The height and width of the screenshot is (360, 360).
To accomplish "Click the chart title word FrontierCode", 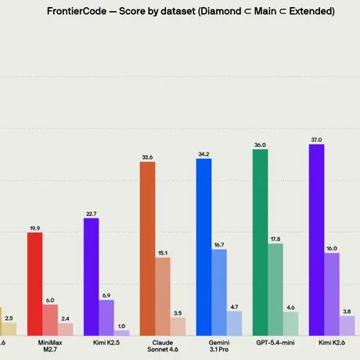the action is pos(77,11).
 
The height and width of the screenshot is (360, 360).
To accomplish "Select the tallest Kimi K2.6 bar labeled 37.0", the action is pos(316,239).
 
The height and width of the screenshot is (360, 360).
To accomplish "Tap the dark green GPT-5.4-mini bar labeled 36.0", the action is pos(260,243).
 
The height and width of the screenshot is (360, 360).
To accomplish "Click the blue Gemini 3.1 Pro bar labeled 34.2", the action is pos(203,247).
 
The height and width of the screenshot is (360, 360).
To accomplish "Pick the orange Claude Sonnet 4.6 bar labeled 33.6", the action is pos(147,249).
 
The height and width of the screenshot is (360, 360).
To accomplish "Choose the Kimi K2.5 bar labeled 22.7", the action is pos(91,277).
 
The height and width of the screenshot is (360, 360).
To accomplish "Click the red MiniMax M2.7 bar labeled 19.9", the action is pos(34,284).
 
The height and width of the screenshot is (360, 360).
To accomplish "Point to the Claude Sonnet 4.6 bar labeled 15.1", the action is pos(163,297).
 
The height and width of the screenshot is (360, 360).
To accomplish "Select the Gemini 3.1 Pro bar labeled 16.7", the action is pos(219,293).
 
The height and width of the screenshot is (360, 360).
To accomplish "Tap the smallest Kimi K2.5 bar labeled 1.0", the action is pos(121,333).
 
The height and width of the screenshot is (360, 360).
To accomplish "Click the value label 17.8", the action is pos(275,239).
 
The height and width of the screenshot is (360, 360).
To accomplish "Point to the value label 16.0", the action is pos(332,248).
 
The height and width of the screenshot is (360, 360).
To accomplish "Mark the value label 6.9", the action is pos(106,296).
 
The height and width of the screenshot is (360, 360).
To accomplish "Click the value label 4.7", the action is pos(234,307).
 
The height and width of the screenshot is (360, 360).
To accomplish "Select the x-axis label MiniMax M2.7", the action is pos(50,346).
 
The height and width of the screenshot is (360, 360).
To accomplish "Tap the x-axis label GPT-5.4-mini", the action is pos(275,343).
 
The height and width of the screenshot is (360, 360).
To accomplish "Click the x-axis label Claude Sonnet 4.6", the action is pos(163,346).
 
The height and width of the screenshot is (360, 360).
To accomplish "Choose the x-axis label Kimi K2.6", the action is pos(332,343).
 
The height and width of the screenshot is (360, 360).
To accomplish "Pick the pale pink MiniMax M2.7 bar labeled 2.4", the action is pos(66,329).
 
